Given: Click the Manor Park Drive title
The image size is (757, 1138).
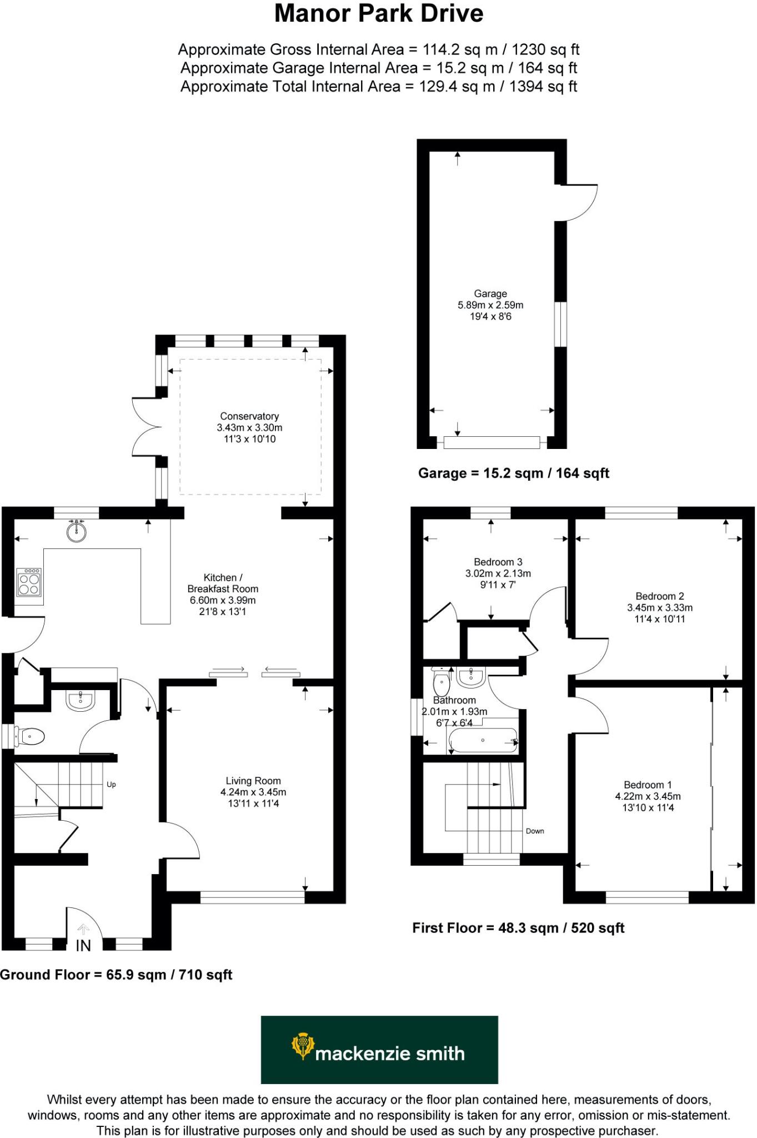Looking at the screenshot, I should (378, 13).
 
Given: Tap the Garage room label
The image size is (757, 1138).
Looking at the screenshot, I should (490, 293).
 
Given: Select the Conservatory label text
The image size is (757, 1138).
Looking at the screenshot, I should (249, 416).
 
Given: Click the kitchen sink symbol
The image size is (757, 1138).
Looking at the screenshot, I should (77, 531).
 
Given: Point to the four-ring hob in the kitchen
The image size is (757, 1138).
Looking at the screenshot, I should (29, 582).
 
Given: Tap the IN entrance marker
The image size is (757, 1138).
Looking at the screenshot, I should (83, 945).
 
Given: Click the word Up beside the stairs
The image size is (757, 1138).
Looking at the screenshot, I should (111, 785).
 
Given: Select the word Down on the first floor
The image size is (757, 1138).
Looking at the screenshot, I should (535, 831).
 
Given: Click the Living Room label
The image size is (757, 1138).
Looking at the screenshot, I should (253, 781).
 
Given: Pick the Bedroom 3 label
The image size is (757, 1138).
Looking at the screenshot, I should (498, 562).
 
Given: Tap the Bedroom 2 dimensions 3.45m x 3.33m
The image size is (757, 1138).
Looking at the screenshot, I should (660, 608).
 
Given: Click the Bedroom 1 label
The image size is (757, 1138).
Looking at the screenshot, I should (648, 785).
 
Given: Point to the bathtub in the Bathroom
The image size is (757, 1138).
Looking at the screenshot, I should (483, 741).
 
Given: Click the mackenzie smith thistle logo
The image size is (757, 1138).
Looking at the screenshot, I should (302, 1046).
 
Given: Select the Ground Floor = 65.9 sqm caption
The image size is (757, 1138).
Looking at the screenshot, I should (116, 975).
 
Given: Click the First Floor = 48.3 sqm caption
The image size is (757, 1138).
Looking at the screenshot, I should (518, 928).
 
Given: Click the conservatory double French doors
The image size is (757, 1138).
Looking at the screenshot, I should (146, 427).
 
